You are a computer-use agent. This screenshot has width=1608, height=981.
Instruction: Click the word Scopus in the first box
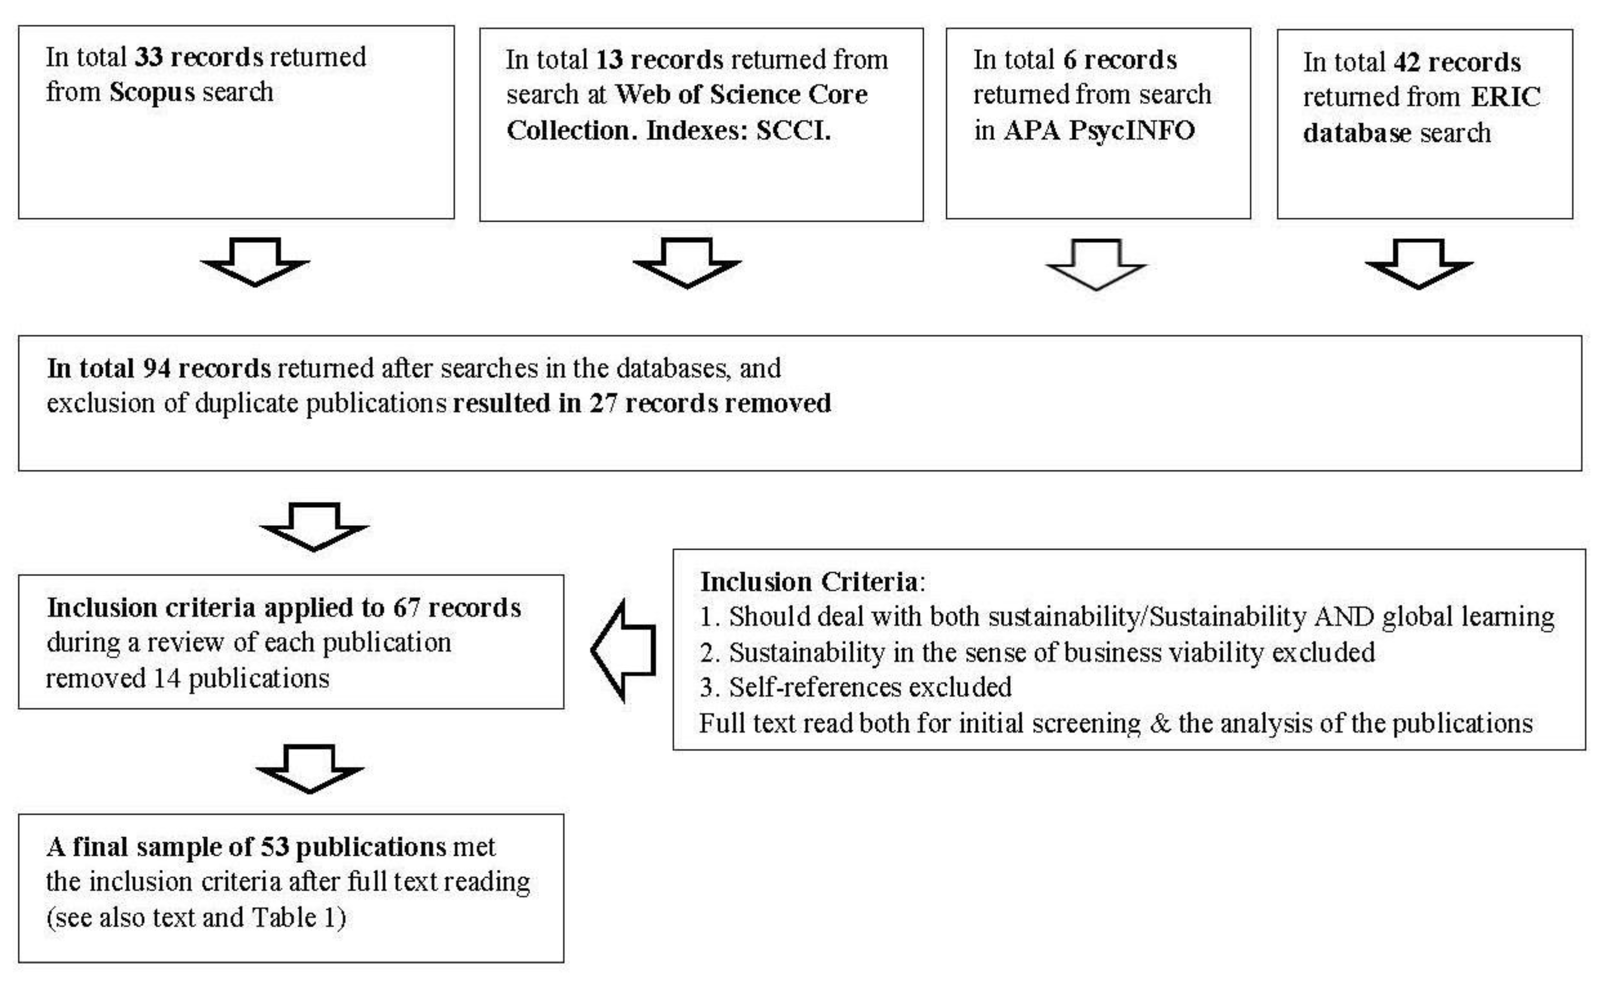pos(152,92)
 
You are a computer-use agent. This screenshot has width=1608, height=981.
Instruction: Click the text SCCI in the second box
pos(792,131)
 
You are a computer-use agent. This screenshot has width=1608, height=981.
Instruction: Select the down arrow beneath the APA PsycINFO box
pos(1096,265)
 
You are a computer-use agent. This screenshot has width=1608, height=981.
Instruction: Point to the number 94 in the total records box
pos(157,369)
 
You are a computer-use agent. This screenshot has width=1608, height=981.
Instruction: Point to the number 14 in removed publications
pos(167,679)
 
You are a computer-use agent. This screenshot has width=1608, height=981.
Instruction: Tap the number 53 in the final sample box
pos(274,847)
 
